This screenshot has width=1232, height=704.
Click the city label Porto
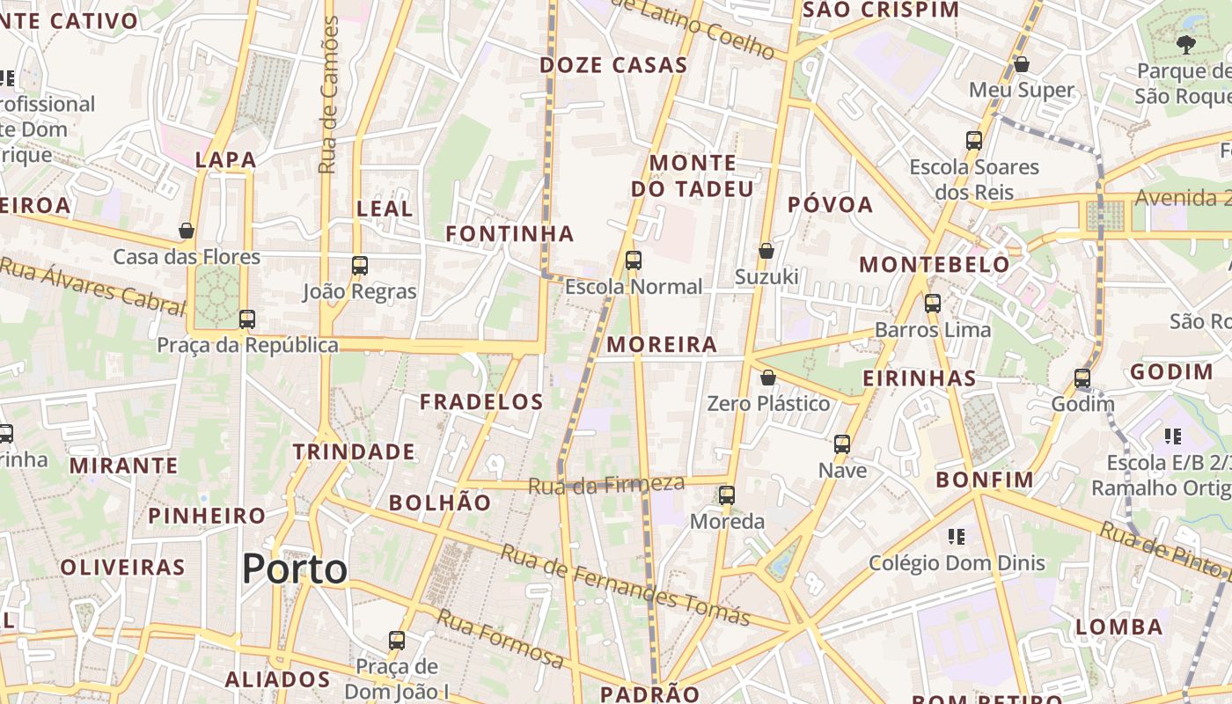click(295, 568)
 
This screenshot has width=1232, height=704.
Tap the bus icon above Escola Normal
click(633, 260)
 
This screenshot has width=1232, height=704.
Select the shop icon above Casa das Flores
click(187, 231)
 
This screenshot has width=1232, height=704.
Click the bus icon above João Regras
click(359, 265)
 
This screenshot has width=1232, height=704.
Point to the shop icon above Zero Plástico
click(768, 378)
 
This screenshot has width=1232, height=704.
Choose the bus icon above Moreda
click(726, 495)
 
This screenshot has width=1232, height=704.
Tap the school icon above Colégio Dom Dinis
click(957, 536)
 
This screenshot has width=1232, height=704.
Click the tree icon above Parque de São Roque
click(1185, 44)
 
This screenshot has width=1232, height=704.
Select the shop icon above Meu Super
click(1022, 64)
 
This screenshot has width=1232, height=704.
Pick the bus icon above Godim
click(1082, 378)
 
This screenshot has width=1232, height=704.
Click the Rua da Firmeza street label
click(606, 484)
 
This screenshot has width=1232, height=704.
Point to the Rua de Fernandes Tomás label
click(625, 584)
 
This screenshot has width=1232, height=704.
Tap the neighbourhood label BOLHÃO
click(440, 502)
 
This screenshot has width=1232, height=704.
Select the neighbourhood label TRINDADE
click(354, 452)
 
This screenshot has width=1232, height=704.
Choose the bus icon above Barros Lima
click(933, 304)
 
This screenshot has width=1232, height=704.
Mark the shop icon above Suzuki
click(766, 251)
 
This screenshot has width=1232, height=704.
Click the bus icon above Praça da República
click(247, 319)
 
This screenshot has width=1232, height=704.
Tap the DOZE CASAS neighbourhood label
click(613, 65)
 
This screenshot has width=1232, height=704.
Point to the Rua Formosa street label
click(501, 637)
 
